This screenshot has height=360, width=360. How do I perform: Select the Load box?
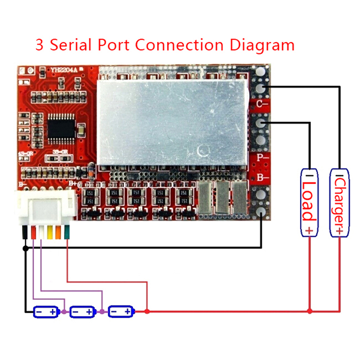[309, 202]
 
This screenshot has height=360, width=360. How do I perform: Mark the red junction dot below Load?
[310, 311]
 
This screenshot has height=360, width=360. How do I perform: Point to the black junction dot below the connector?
[25, 247]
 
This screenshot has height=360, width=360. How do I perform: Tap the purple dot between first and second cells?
[64, 311]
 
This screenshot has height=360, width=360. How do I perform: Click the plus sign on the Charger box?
[340, 230]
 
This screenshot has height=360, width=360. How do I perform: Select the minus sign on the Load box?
[309, 175]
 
